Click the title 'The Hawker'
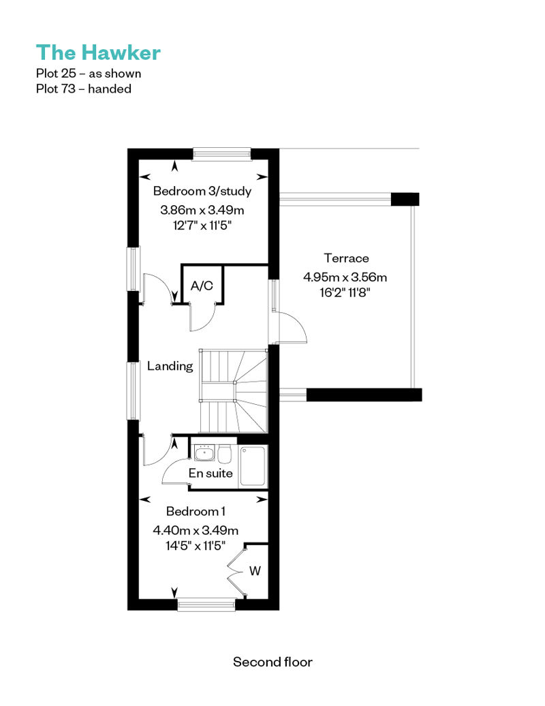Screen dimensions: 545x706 coord(98,52)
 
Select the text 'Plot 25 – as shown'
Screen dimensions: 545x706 coord(89,74)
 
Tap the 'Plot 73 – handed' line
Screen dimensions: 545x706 coord(84,89)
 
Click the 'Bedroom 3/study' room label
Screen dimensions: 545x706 coord(202,191)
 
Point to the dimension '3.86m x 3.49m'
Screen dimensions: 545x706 coord(202,210)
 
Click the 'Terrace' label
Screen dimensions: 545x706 coord(346,258)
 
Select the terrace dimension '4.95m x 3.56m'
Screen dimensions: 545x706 coord(345,277)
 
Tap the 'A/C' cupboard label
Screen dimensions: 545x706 coord(202,286)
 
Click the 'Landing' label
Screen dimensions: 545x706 coord(170,366)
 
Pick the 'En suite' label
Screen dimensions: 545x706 coord(211,473)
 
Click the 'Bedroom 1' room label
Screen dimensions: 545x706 coord(196,512)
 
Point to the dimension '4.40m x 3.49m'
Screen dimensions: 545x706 coord(196,530)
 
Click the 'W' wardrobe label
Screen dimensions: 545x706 coord(255,571)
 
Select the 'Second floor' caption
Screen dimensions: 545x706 coord(272,662)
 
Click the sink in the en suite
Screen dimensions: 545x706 coord(204,453)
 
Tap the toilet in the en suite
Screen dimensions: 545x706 coord(225,454)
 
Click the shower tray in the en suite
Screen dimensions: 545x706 coord(253,465)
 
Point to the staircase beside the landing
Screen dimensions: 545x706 coord(234,391)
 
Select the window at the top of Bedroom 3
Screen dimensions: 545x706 coord(222,155)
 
